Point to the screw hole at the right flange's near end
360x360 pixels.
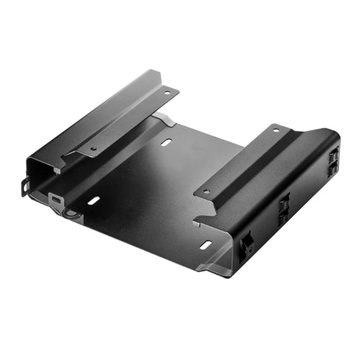pos(206,192)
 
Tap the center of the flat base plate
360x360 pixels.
pos(150,188)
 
